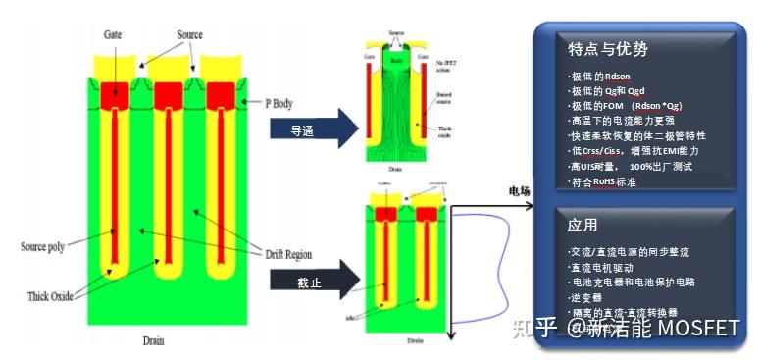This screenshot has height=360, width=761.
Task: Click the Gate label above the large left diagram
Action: [113, 35]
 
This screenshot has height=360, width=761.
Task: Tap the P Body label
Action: [285, 103]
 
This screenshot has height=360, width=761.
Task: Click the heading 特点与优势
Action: [607, 48]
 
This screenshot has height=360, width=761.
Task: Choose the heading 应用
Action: [584, 225]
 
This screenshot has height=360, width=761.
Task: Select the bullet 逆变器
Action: [589, 296]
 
